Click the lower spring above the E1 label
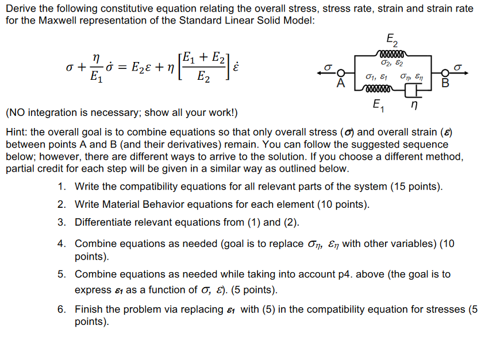[x=376, y=90]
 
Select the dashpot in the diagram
[x=410, y=90]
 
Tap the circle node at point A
[x=341, y=73]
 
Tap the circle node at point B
[x=444, y=73]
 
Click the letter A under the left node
[x=340, y=84]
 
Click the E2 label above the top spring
[x=390, y=40]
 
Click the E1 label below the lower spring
[x=376, y=106]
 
